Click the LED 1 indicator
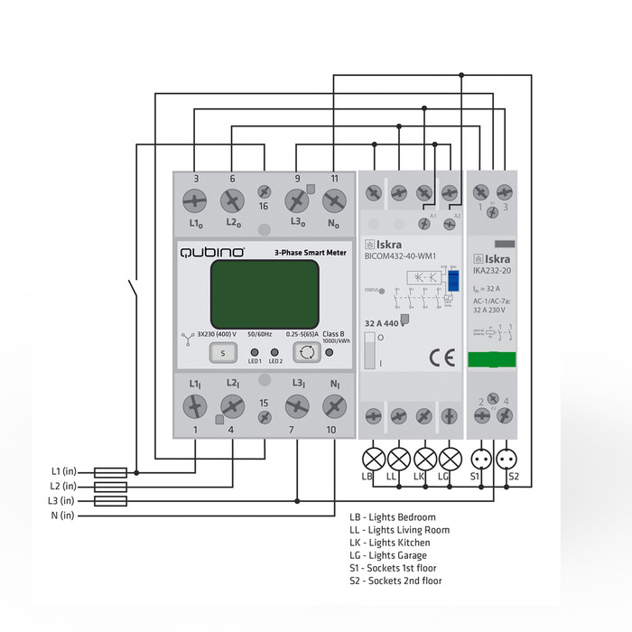255,353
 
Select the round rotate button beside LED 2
304,352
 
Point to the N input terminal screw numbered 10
333,406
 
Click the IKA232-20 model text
493,268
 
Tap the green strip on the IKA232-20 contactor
493,358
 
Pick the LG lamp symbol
449,456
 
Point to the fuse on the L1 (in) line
110,471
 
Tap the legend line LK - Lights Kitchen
390,543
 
